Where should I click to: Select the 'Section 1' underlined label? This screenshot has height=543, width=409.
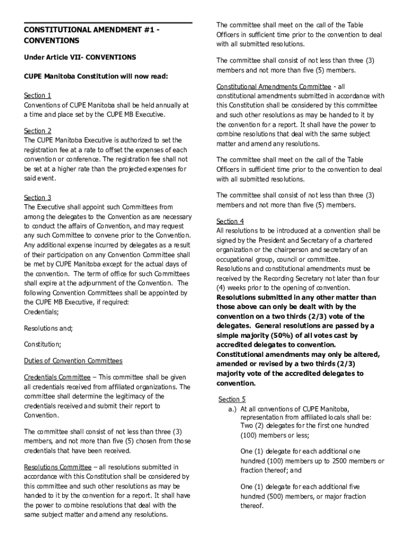point(38,95)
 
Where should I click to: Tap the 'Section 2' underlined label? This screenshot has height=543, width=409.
point(38,131)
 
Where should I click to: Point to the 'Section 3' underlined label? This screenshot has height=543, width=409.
point(38,198)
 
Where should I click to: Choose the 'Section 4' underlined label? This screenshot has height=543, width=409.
point(230,221)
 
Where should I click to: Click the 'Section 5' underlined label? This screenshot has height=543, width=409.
point(232,399)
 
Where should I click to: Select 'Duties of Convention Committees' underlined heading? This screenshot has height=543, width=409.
point(73,361)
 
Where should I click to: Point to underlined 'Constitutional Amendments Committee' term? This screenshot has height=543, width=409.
point(274,86)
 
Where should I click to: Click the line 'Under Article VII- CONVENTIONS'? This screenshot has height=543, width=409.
point(80,57)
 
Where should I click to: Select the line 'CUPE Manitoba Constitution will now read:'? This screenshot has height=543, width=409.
point(96,76)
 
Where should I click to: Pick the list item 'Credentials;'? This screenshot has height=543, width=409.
point(41,312)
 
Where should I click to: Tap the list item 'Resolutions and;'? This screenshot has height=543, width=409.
point(48,329)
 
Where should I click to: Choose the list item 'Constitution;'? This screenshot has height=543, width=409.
point(42,345)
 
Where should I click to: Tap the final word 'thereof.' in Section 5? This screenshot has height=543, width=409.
point(252,506)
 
